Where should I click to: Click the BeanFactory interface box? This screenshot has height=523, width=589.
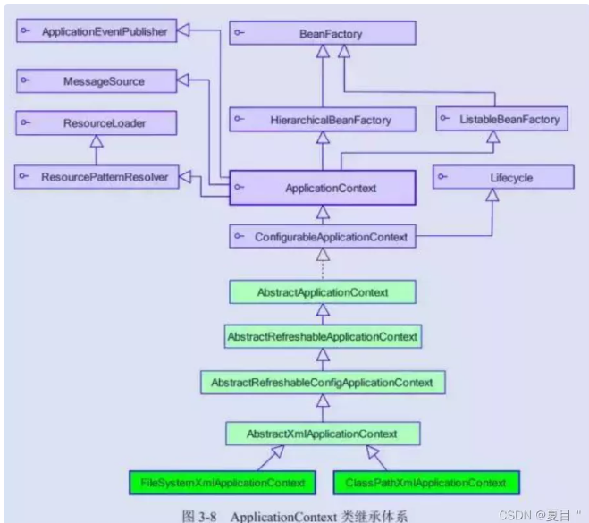coord(323,33)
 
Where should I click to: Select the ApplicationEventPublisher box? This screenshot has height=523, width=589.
coord(96,31)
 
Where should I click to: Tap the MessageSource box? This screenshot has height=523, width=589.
coord(96,81)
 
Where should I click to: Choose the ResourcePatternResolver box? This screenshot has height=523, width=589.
coord(96,177)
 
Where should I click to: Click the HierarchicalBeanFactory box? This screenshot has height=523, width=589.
coord(323,118)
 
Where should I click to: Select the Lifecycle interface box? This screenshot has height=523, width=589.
coord(504,177)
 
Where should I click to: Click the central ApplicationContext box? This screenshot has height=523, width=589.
coord(323,188)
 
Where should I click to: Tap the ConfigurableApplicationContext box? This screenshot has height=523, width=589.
coord(323,237)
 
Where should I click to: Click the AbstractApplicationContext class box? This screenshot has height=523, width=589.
coord(323,291)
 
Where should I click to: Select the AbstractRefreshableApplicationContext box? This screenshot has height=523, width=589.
coord(323,336)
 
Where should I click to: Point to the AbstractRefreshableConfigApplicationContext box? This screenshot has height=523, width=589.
coord(323,383)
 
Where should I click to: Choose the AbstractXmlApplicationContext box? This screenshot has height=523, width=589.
coord(323,434)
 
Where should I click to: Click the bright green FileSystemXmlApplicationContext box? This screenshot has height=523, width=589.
coord(223,483)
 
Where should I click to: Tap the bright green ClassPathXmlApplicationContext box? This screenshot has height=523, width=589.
coord(425,483)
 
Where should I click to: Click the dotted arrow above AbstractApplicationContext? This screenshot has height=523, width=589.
coord(323,265)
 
